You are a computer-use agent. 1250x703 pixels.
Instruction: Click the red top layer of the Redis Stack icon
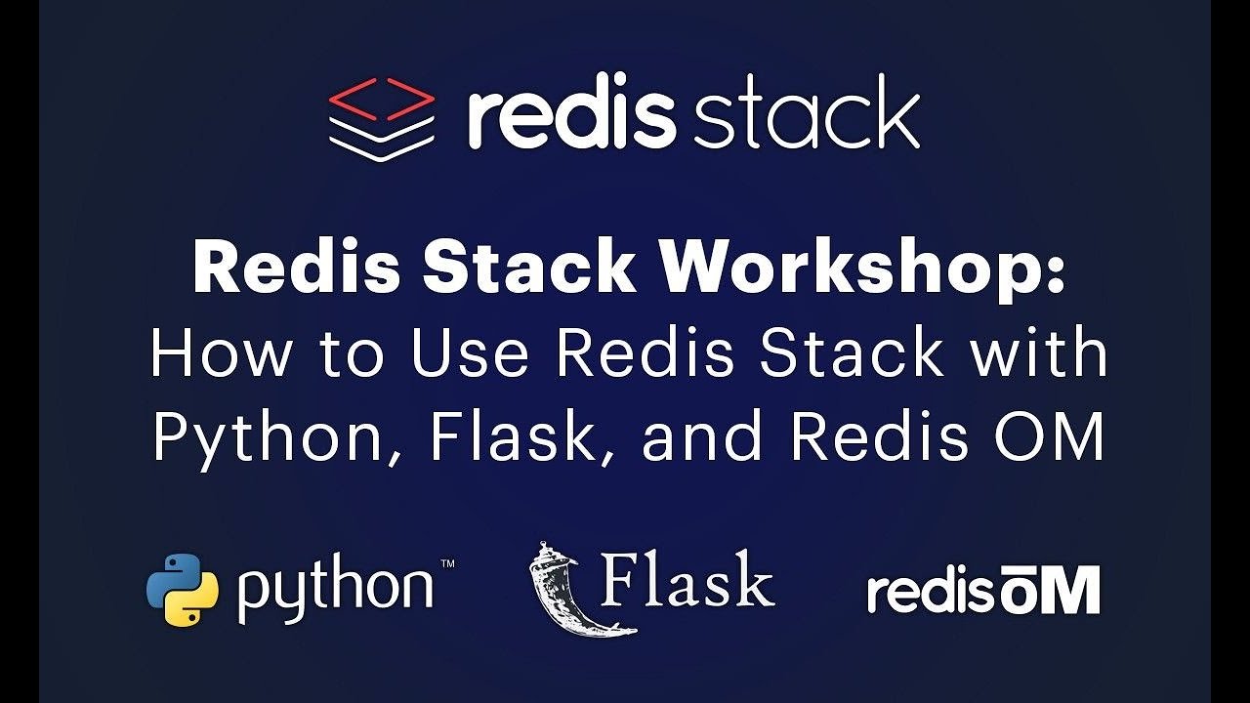(x=381, y=97)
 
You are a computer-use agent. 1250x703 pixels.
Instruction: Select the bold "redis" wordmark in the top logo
(x=571, y=114)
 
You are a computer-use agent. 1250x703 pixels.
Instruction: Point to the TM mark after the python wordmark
(x=446, y=564)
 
